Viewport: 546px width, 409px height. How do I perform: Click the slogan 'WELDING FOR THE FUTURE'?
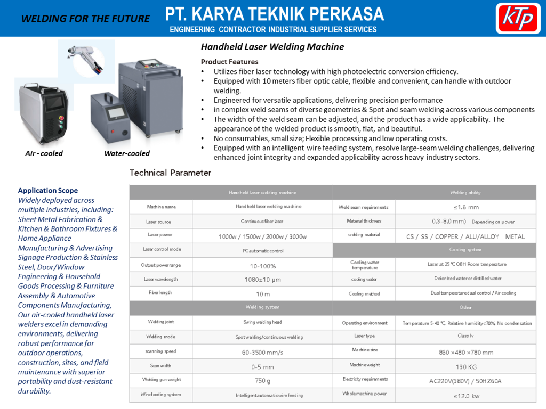pyautogui.click(x=85, y=19)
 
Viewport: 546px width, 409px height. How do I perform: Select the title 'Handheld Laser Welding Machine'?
pyautogui.click(x=272, y=47)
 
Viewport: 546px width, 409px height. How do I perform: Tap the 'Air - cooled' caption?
pyautogui.click(x=44, y=153)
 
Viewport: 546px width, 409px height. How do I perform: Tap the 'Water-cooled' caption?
pyautogui.click(x=127, y=153)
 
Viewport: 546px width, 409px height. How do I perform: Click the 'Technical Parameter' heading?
pyautogui.click(x=170, y=173)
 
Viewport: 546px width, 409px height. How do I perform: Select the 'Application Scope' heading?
pyautogui.click(x=48, y=191)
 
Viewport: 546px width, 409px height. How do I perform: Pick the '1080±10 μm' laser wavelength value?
pyautogui.click(x=262, y=279)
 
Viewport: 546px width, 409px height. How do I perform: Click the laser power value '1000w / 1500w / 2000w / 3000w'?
pyautogui.click(x=262, y=236)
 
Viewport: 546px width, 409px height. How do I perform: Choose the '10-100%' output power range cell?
pyautogui.click(x=262, y=266)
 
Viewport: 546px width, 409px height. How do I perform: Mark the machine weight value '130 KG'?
pyautogui.click(x=465, y=367)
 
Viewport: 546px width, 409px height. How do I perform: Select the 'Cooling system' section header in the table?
pyautogui.click(x=465, y=249)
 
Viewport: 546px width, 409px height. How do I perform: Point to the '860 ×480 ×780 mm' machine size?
pyautogui.click(x=466, y=352)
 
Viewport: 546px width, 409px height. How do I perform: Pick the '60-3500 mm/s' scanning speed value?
pyautogui.click(x=262, y=353)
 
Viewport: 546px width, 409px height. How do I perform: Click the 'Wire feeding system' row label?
pyautogui.click(x=161, y=395)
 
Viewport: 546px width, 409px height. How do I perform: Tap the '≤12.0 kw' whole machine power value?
pyautogui.click(x=466, y=396)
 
